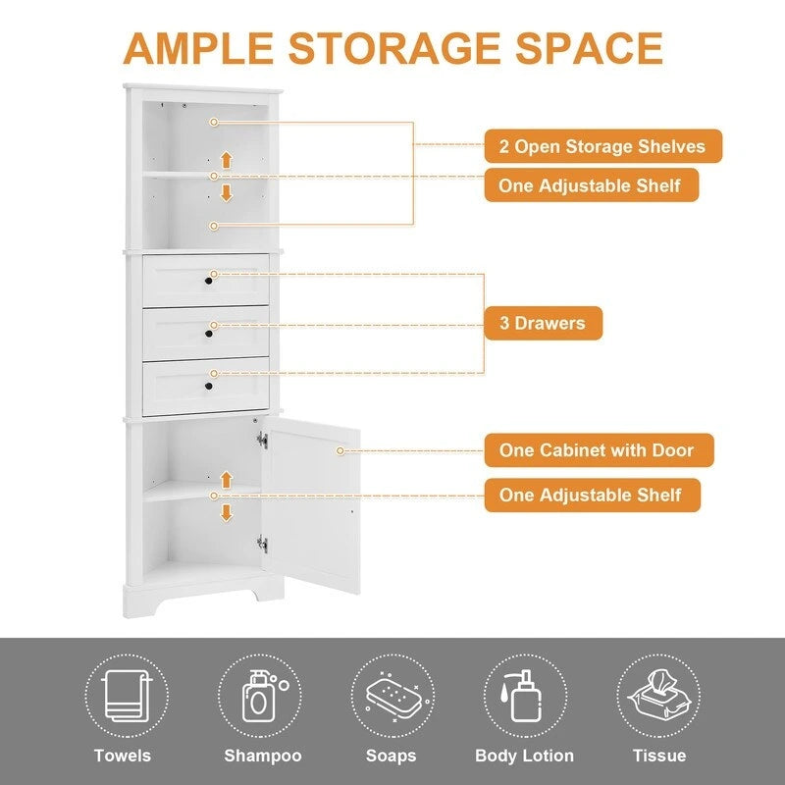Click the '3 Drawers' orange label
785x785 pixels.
(x=543, y=323)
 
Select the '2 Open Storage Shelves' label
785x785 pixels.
(x=602, y=146)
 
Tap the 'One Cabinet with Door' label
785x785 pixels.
(x=599, y=450)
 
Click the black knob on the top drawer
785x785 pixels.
(x=208, y=282)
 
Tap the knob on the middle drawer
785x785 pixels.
(x=208, y=334)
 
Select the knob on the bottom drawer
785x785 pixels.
(x=208, y=387)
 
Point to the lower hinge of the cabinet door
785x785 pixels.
(x=261, y=542)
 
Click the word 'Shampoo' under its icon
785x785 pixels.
(x=262, y=756)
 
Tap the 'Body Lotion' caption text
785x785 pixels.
(x=524, y=756)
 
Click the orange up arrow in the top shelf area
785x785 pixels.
(x=227, y=158)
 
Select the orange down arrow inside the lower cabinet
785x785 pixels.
(x=227, y=512)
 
